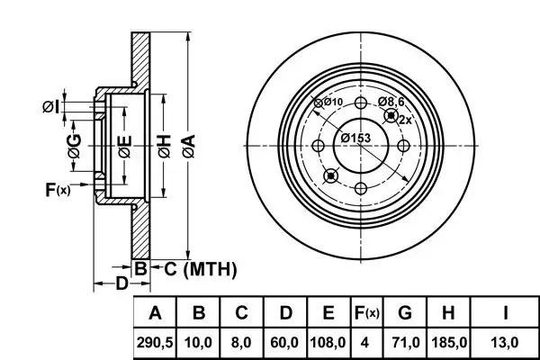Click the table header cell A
(156, 313)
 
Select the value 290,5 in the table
(156, 343)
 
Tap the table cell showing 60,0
(285, 343)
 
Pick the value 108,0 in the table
(328, 343)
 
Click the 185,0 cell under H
(449, 343)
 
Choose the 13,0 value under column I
(506, 343)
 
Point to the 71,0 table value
(405, 343)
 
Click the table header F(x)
(366, 313)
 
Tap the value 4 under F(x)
(366, 343)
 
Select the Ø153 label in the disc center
(355, 138)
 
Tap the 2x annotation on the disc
(404, 119)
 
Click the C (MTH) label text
(200, 267)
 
